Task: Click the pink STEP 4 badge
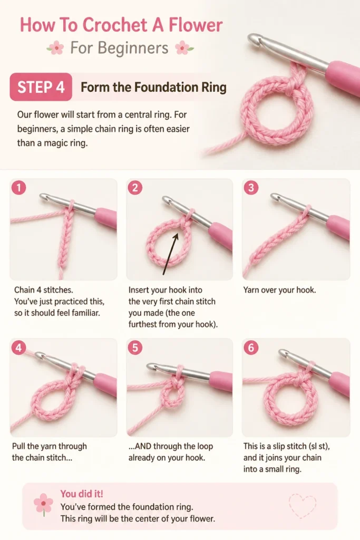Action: click(41, 87)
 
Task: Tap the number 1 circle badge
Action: click(18, 188)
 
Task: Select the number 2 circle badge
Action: click(135, 188)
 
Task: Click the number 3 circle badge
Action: click(251, 188)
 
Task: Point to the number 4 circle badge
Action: click(18, 348)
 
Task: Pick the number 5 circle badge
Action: click(135, 348)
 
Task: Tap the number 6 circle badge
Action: click(251, 348)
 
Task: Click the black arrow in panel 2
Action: click(171, 254)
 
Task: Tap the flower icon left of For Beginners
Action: click(55, 48)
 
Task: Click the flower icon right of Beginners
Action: click(184, 48)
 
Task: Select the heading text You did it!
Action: click(82, 494)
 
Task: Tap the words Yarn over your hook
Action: click(279, 290)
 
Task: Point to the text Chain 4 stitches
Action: click(43, 290)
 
